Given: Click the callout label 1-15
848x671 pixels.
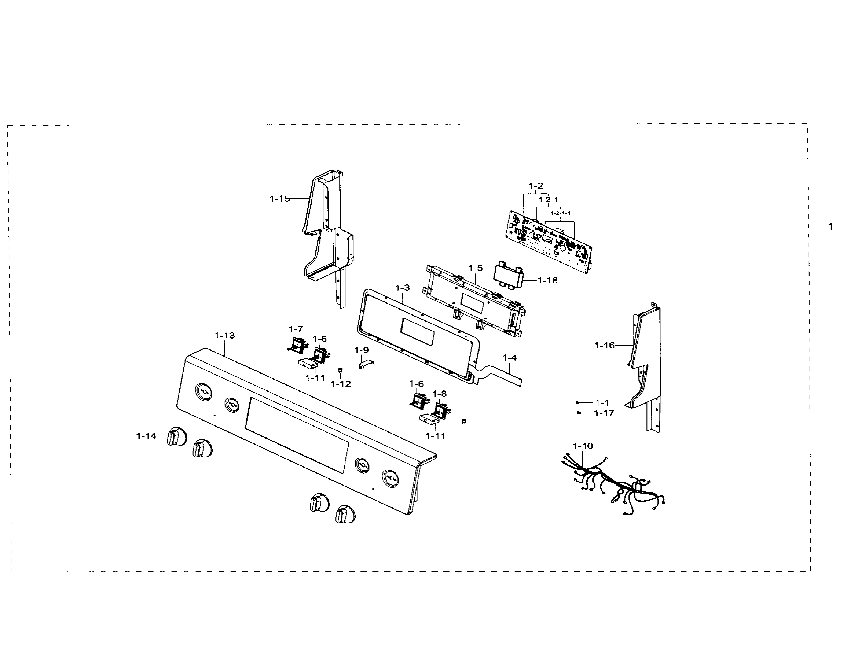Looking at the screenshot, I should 280,199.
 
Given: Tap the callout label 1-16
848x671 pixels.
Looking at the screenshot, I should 604,345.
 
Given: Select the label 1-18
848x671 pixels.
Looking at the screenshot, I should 548,281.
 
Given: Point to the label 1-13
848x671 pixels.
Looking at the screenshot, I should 225,335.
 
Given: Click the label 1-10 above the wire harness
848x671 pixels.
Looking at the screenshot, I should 582,446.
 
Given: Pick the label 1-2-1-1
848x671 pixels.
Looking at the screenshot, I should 560,213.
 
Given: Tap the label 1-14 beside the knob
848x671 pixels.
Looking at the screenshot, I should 146,436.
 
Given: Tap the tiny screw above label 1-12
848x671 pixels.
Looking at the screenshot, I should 340,370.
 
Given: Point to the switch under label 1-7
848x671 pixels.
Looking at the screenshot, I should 296,345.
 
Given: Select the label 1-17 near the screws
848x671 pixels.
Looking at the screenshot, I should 604,413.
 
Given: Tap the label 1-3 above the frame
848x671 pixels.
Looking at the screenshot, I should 402,288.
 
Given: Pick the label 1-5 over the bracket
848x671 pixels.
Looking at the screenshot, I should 475,268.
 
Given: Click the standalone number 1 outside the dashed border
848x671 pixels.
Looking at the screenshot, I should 830,226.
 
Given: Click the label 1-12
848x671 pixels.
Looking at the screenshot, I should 341,384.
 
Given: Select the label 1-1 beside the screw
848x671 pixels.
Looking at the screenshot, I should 602,403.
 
